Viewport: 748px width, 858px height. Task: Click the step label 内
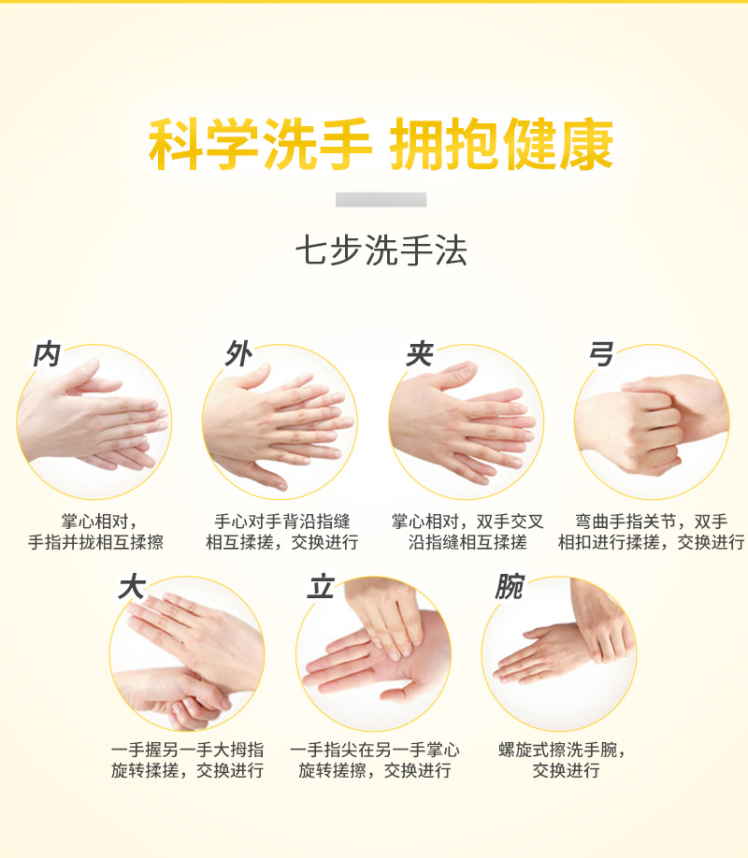point(47,354)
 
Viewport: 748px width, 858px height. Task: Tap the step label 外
point(239,353)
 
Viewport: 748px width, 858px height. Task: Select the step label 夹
point(420,353)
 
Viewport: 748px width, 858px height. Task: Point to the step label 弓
point(600,353)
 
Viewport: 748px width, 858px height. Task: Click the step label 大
point(132,587)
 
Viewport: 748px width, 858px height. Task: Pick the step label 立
point(321,587)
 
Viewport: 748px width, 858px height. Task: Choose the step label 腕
point(510,587)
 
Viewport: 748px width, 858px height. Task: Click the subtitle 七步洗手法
point(381,250)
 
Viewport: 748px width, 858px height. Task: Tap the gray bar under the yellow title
point(381,199)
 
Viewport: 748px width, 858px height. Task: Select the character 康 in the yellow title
point(586,144)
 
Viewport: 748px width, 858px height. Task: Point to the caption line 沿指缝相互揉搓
point(467,542)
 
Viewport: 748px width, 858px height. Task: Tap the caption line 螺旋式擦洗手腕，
point(563,750)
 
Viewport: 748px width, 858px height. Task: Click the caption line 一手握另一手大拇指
point(187,750)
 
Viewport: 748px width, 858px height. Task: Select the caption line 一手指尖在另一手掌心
point(375,750)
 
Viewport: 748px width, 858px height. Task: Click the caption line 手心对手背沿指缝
point(282,521)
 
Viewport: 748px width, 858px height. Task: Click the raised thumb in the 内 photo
point(82,375)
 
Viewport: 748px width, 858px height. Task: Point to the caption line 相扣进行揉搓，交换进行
point(651,542)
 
